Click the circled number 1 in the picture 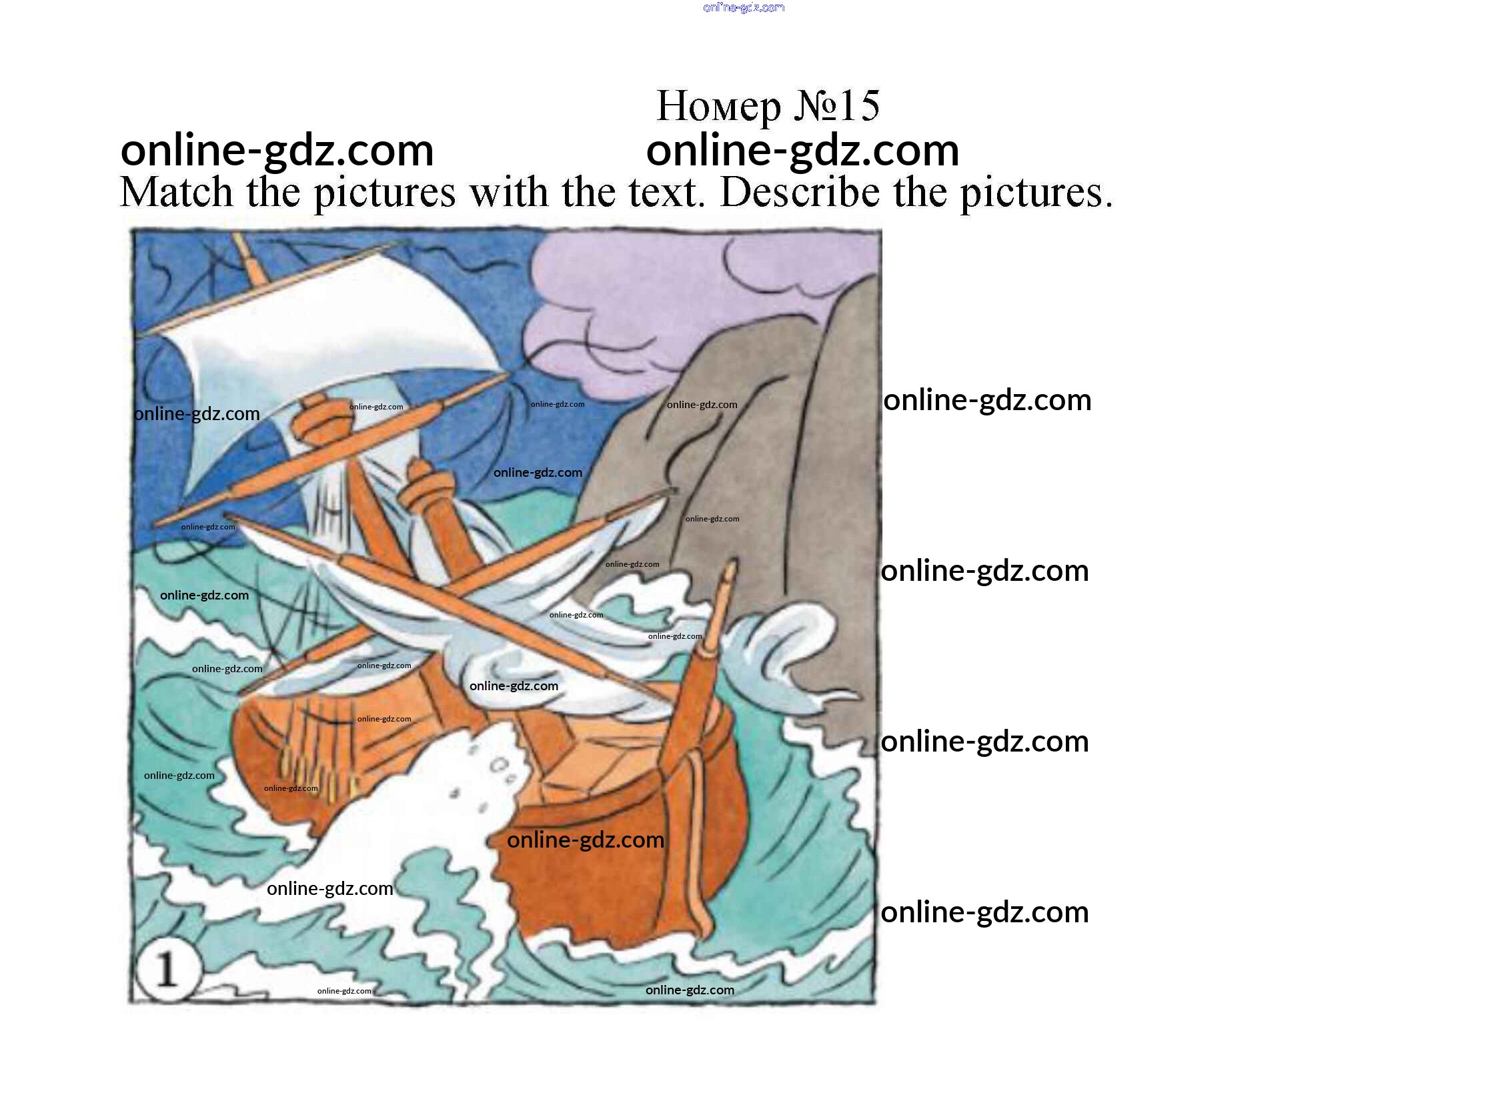tap(167, 970)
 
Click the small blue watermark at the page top tap(744, 8)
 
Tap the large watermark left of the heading tap(277, 151)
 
